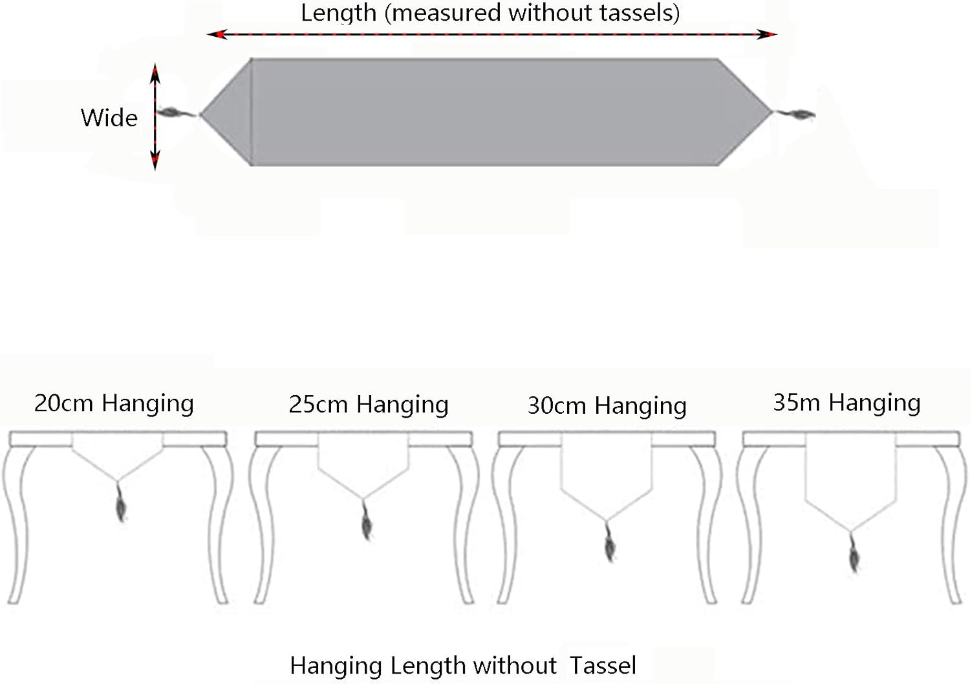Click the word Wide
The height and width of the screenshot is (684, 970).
[109, 118]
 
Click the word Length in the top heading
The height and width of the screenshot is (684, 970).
[338, 13]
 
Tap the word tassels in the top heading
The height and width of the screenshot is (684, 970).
[640, 13]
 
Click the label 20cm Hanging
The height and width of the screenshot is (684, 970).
[114, 403]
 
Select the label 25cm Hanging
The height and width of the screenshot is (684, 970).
[369, 405]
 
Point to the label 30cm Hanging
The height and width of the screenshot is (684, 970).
[607, 406]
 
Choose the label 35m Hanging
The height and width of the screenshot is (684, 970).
[846, 403]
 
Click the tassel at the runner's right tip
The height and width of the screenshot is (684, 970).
[800, 115]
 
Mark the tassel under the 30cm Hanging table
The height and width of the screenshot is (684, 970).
[610, 544]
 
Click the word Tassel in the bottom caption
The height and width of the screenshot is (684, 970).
[603, 666]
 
